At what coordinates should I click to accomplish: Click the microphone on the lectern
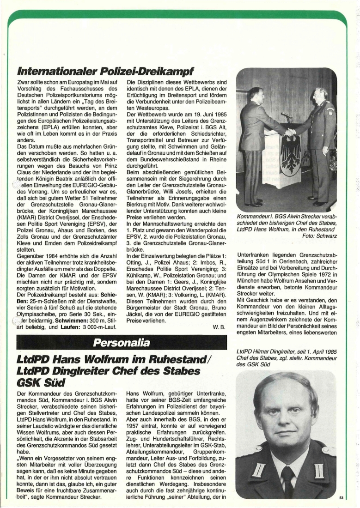pos(286,114)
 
